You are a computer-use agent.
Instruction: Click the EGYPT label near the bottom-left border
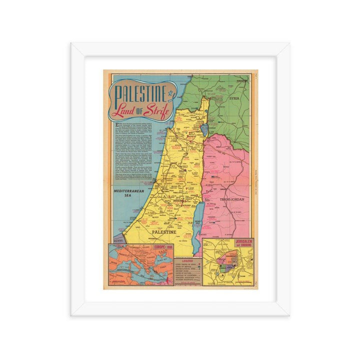[x=118, y=240]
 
